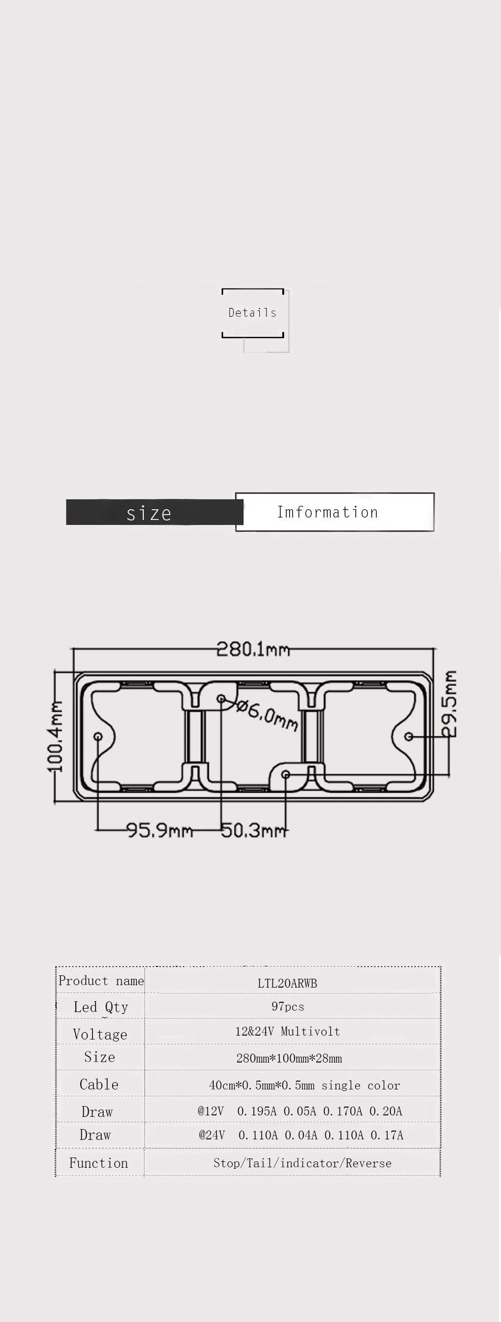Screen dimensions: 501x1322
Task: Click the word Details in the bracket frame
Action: (x=252, y=312)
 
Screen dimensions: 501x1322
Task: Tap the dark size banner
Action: (x=154, y=512)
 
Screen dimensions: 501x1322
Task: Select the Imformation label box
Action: (x=335, y=512)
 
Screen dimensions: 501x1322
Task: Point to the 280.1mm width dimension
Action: (x=253, y=649)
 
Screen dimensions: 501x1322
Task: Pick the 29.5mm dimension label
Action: (x=449, y=704)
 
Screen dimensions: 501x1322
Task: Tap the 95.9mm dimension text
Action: (x=160, y=830)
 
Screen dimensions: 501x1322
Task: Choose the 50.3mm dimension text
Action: (x=254, y=830)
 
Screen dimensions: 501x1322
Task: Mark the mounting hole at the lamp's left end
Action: (x=98, y=736)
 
